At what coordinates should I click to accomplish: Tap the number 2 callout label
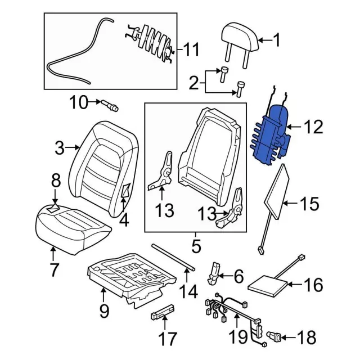193,85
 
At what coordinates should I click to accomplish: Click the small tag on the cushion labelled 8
55,208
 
